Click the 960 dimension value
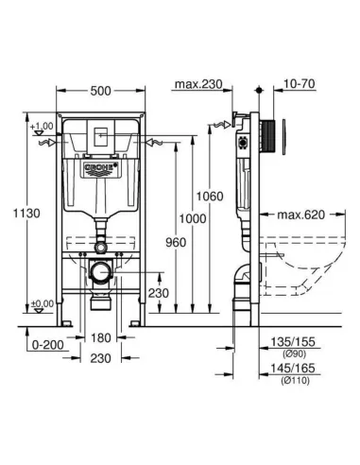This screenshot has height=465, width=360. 172,241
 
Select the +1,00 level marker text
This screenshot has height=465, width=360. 41,126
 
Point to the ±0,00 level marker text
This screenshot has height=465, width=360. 41,304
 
